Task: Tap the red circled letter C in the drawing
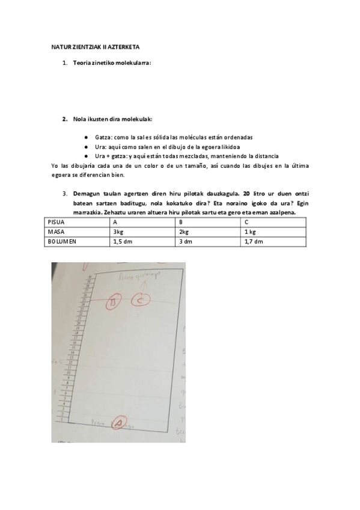click(139, 300)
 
